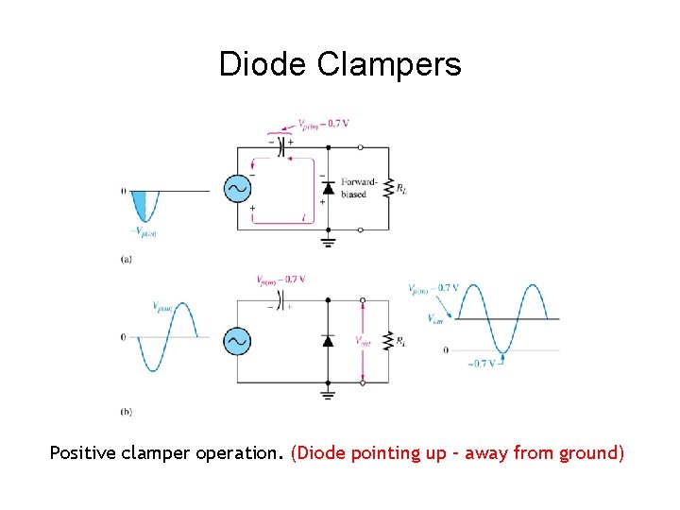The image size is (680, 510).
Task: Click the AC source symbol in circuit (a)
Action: (237, 189)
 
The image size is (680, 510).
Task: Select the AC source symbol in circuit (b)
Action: (237, 341)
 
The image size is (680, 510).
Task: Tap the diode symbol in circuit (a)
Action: (328, 188)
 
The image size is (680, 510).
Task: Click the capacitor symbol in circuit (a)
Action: (280, 147)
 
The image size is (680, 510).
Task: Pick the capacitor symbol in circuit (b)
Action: (280, 300)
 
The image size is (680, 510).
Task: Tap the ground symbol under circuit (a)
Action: (328, 243)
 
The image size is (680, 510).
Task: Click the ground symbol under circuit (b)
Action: (328, 394)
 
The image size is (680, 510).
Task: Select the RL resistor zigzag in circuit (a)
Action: (387, 188)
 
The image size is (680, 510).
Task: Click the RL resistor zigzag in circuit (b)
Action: (387, 341)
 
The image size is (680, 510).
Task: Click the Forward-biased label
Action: (359, 188)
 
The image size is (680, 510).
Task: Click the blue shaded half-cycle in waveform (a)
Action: (141, 202)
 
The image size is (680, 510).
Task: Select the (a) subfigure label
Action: (127, 259)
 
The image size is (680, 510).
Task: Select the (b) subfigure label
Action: (127, 411)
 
